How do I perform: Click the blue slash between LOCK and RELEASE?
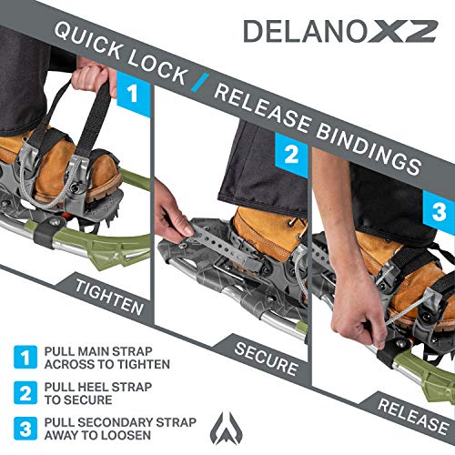[200, 83]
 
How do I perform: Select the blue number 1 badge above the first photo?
[133, 94]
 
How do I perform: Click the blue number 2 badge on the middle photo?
[291, 155]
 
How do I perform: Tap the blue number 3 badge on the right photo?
[439, 211]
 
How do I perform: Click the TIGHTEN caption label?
[109, 298]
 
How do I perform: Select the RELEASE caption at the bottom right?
[413, 417]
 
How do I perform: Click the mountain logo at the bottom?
[226, 428]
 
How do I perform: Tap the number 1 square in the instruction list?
[25, 357]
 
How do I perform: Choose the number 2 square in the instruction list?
[25, 393]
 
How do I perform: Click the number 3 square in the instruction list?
[25, 429]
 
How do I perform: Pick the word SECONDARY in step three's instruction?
[116, 422]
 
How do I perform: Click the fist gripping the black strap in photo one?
[90, 76]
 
